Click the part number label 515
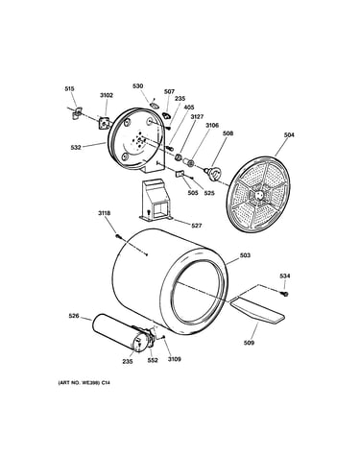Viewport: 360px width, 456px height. [x=69, y=88]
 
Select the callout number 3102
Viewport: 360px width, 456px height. [x=107, y=95]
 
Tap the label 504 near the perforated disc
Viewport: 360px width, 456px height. [x=289, y=135]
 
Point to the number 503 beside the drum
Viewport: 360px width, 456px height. [x=245, y=255]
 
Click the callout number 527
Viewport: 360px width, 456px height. [x=197, y=226]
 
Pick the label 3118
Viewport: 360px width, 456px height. [x=105, y=213]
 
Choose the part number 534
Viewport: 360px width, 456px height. [x=285, y=276]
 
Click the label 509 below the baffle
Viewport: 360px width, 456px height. [x=249, y=343]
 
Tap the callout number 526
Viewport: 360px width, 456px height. [x=74, y=316]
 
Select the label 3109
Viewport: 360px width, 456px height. [x=175, y=359]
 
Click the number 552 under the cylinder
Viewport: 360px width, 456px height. [x=153, y=360]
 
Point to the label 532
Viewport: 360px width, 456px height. [x=76, y=147]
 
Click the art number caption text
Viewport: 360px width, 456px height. [x=84, y=382]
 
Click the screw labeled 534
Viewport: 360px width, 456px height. [x=285, y=293]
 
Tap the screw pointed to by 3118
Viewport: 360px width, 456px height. [x=119, y=236]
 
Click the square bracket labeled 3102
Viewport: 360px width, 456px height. [x=104, y=123]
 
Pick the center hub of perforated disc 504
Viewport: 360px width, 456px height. [x=259, y=195]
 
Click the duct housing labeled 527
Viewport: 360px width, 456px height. [x=156, y=201]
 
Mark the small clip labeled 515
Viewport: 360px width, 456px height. [x=77, y=112]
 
